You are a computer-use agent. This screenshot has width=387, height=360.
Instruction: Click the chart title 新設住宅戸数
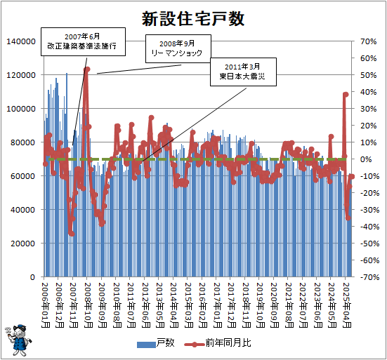[193, 19]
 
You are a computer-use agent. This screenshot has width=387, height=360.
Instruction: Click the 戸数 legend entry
[156, 344]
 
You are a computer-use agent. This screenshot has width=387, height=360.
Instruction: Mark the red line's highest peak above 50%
[86, 69]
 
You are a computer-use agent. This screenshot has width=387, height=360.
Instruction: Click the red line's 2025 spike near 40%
[346, 94]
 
